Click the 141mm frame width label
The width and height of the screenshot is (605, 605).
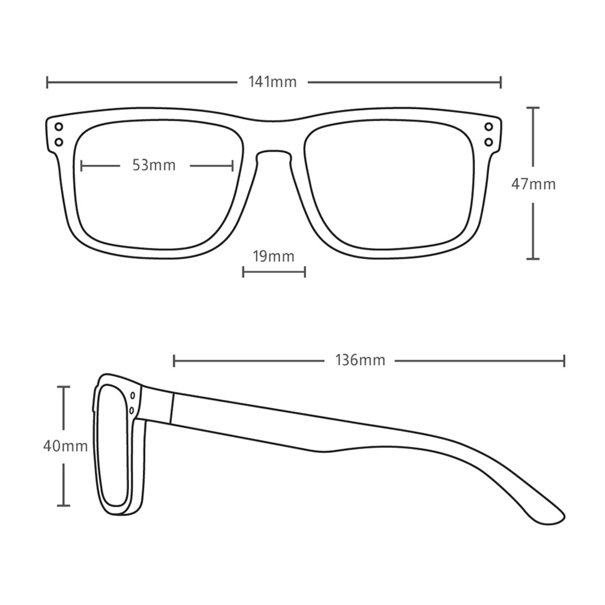coord(273,82)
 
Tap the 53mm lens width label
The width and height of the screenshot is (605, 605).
coord(154,165)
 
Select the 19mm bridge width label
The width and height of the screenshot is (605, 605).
coord(274,257)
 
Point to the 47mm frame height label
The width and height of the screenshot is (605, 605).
coord(533,185)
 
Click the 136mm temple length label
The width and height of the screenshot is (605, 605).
coord(360,360)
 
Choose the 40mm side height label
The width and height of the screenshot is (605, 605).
coord(66,446)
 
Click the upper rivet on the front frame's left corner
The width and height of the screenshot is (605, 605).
coord(58,127)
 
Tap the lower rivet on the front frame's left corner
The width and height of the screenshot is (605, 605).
coord(58,143)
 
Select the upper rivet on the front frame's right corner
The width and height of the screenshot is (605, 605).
coord(489,127)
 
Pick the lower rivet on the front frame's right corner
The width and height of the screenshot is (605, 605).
coord(489,143)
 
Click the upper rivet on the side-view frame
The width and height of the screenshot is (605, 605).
coord(133,395)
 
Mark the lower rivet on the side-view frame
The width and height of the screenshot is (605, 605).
coord(132,410)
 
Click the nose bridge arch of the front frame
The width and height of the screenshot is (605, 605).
coord(273,151)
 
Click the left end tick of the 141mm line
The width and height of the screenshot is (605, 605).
coord(47,82)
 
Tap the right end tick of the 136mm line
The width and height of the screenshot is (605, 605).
coord(564,361)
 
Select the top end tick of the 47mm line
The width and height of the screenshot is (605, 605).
coord(533,108)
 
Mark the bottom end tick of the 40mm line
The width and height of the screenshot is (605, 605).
coord(64,506)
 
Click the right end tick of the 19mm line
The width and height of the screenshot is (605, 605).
coord(305,272)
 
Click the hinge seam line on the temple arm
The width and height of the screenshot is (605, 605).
coord(172,408)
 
